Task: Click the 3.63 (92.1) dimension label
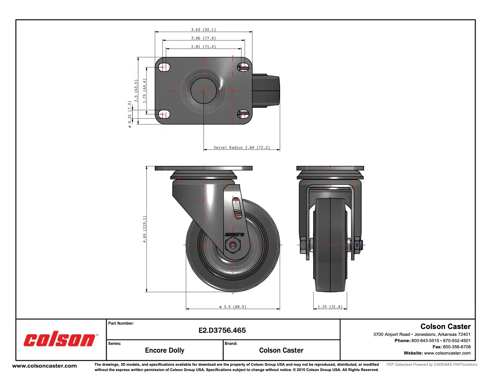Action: coord(203,30)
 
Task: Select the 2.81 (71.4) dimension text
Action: coord(203,47)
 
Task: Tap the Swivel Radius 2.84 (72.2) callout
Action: coord(242,148)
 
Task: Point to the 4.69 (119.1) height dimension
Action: coord(144,229)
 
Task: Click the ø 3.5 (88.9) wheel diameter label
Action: coord(233,307)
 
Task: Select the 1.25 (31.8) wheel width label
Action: coord(330,307)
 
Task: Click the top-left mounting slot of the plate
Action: coord(164,67)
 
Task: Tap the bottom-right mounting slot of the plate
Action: coord(243,114)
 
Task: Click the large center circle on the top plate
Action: coord(204,91)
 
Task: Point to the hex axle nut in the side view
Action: coord(232,245)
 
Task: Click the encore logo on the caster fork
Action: coord(234,234)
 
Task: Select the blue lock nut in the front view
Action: coord(358,245)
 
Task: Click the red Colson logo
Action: coord(60,340)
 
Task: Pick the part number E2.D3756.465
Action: coord(222,330)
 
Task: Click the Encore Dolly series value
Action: coord(164,350)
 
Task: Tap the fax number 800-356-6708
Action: coord(457,347)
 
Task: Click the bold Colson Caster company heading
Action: coord(445,327)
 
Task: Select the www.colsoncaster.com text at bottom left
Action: coord(45,366)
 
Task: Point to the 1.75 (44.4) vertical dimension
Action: coord(144,91)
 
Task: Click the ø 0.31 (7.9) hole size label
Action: coord(129,114)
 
